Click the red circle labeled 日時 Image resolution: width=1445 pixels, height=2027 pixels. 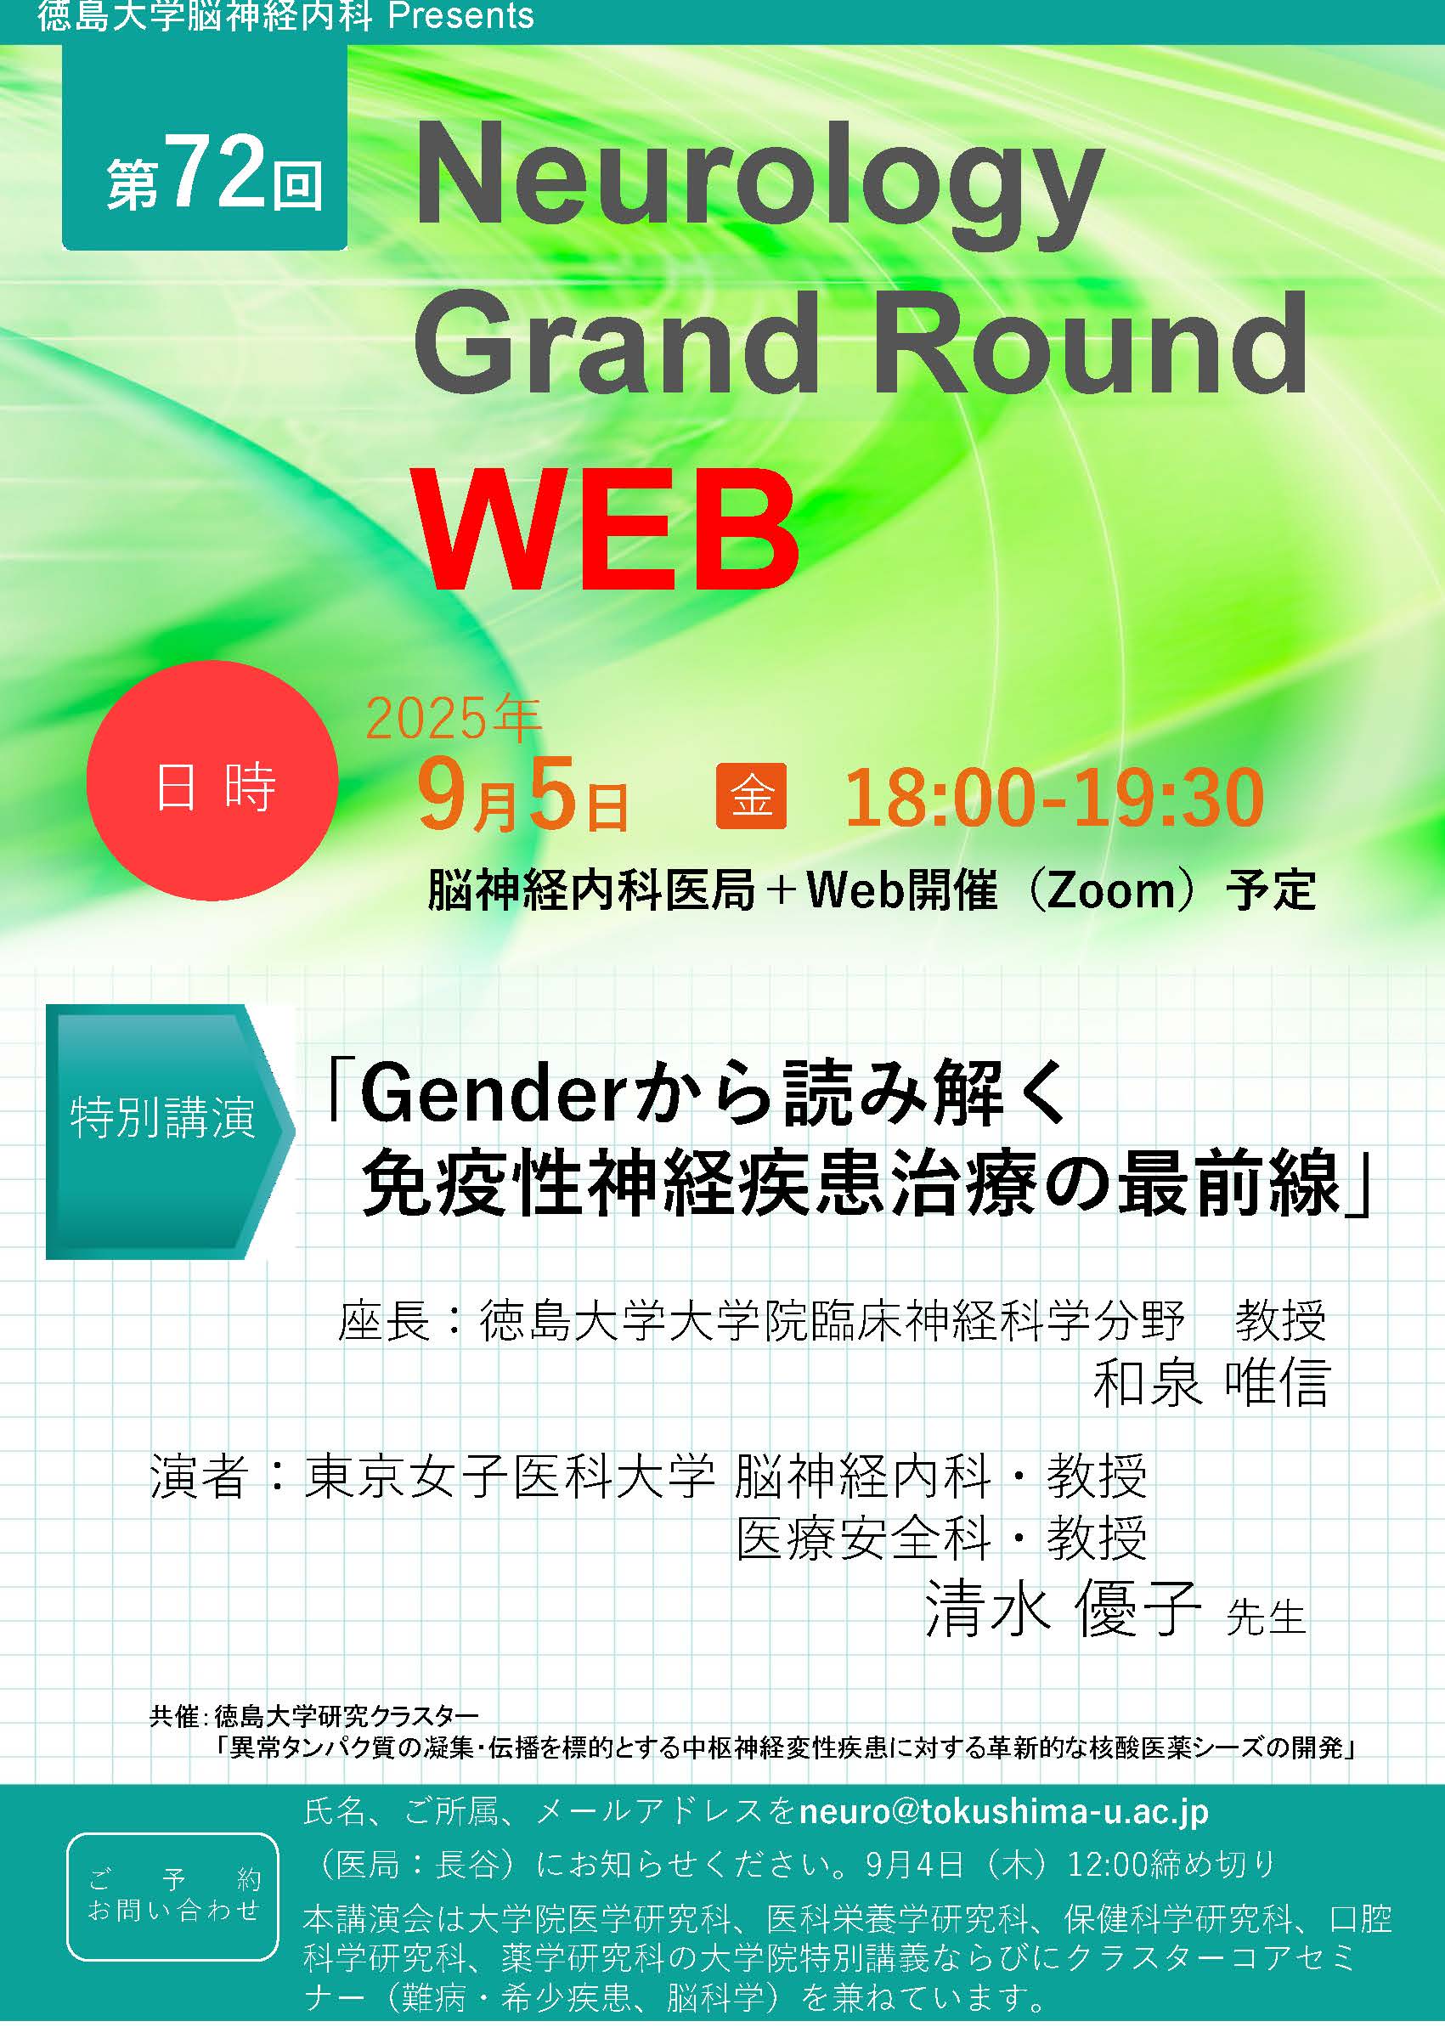click(x=212, y=781)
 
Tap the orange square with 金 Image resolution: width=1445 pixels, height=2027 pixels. click(x=751, y=795)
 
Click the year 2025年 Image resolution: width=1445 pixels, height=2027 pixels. click(x=453, y=719)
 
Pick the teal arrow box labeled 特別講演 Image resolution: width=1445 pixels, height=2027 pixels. click(x=170, y=1131)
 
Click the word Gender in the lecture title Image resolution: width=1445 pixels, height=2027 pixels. click(x=488, y=1094)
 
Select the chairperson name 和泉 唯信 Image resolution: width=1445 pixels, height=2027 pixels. click(x=1210, y=1383)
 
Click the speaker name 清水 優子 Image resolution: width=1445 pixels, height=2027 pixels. click(x=1064, y=1608)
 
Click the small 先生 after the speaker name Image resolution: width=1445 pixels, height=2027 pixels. click(x=1265, y=1618)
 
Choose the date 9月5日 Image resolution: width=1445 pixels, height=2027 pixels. click(x=523, y=796)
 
